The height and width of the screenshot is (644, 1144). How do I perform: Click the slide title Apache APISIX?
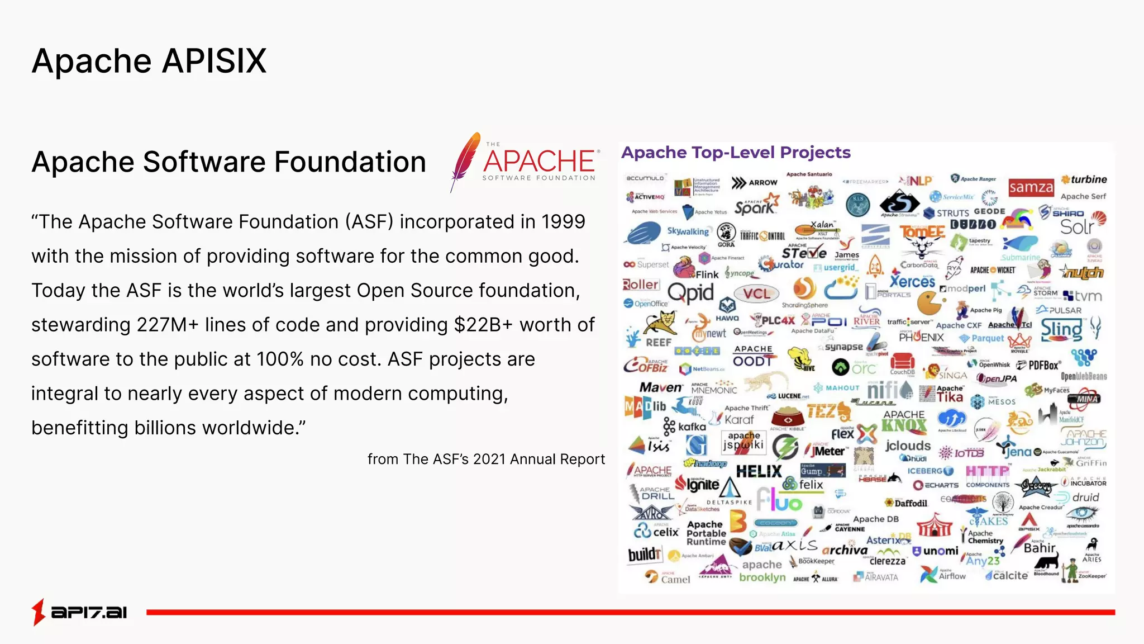click(x=149, y=60)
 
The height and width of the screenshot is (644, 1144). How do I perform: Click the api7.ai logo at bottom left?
click(x=79, y=612)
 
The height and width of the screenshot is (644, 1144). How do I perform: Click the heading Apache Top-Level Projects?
click(x=736, y=153)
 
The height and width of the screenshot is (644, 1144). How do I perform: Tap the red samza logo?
click(x=1031, y=187)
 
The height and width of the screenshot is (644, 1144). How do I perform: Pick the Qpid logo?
click(x=690, y=292)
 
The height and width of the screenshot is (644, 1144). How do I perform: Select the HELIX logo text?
click(x=759, y=472)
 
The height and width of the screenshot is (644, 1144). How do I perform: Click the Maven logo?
click(x=661, y=387)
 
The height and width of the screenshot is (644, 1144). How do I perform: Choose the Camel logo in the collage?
click(x=668, y=578)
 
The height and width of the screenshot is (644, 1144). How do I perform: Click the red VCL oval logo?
click(x=756, y=294)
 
